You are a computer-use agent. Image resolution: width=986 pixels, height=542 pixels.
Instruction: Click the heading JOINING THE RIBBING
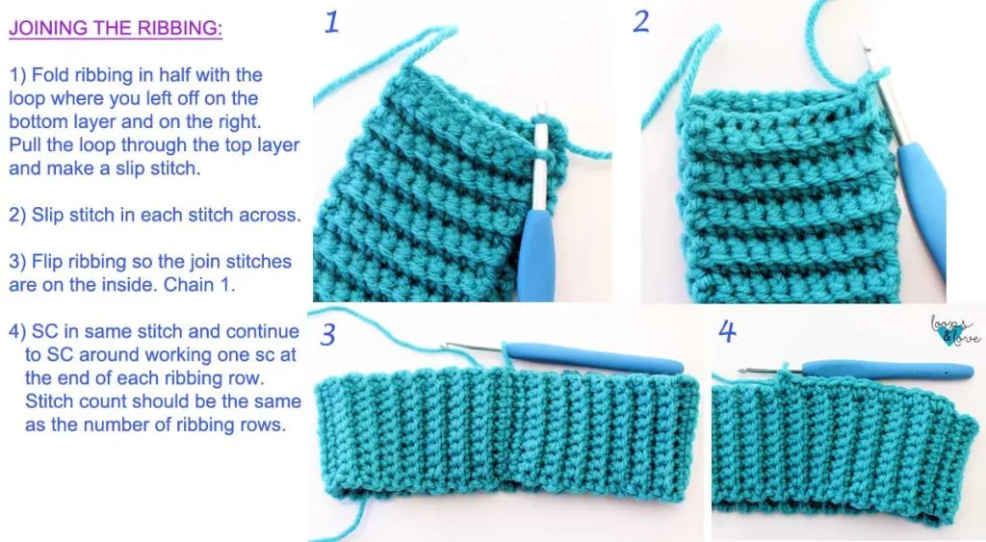116,28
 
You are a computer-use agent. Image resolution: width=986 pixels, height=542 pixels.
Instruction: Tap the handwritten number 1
331,22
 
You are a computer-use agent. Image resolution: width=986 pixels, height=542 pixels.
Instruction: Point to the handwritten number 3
327,334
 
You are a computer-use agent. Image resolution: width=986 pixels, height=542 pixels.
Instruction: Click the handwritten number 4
728,331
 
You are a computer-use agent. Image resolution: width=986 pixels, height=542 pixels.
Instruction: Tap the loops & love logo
955,331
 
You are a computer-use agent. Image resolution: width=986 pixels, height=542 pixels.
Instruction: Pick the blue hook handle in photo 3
594,357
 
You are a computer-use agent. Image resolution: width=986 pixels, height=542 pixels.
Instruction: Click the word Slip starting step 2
48,215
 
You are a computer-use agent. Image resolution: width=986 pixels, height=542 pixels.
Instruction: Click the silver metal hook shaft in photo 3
475,347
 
